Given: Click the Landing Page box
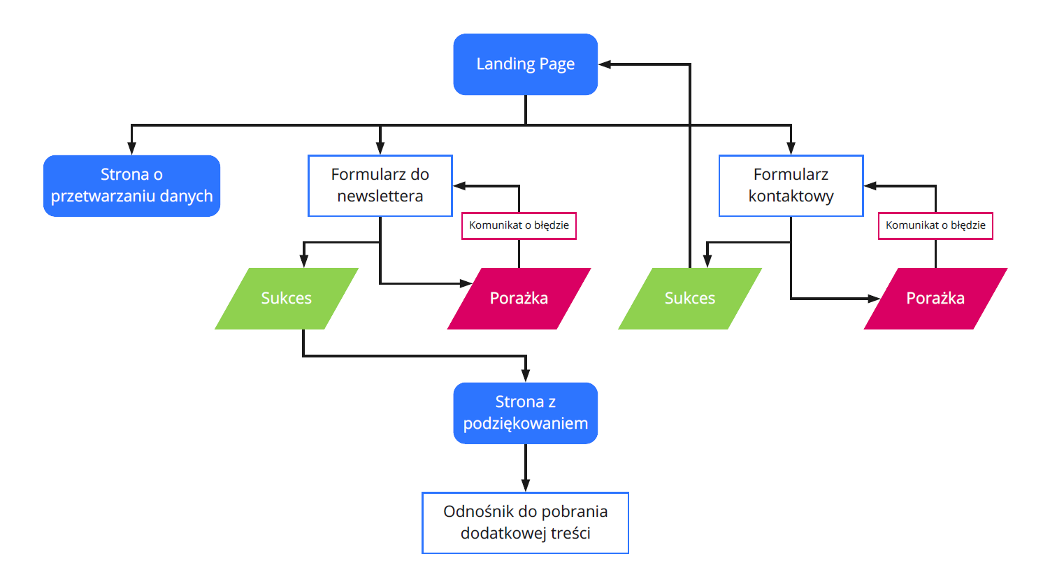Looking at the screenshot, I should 525,64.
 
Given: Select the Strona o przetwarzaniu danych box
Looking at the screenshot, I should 131,185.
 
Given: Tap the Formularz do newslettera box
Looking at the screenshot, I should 380,185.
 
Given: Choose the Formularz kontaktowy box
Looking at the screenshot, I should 791,185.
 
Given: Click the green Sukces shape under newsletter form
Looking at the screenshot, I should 287,299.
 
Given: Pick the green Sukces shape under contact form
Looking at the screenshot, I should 690,299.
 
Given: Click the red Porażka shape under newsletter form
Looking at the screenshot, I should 519,299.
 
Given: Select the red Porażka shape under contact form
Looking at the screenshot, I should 935,299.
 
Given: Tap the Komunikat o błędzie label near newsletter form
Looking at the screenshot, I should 519,225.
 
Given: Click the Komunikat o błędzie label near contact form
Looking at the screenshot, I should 935,225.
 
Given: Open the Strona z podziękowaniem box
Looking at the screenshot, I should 525,413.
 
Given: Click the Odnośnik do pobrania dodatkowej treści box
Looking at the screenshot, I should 525,523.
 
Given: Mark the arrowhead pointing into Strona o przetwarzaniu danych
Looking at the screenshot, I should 131,148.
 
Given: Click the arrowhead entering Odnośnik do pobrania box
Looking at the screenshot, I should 525,485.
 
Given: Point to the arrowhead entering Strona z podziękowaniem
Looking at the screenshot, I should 525,376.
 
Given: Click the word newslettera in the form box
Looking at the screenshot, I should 380,196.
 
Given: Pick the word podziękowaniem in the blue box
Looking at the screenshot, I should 525,423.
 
